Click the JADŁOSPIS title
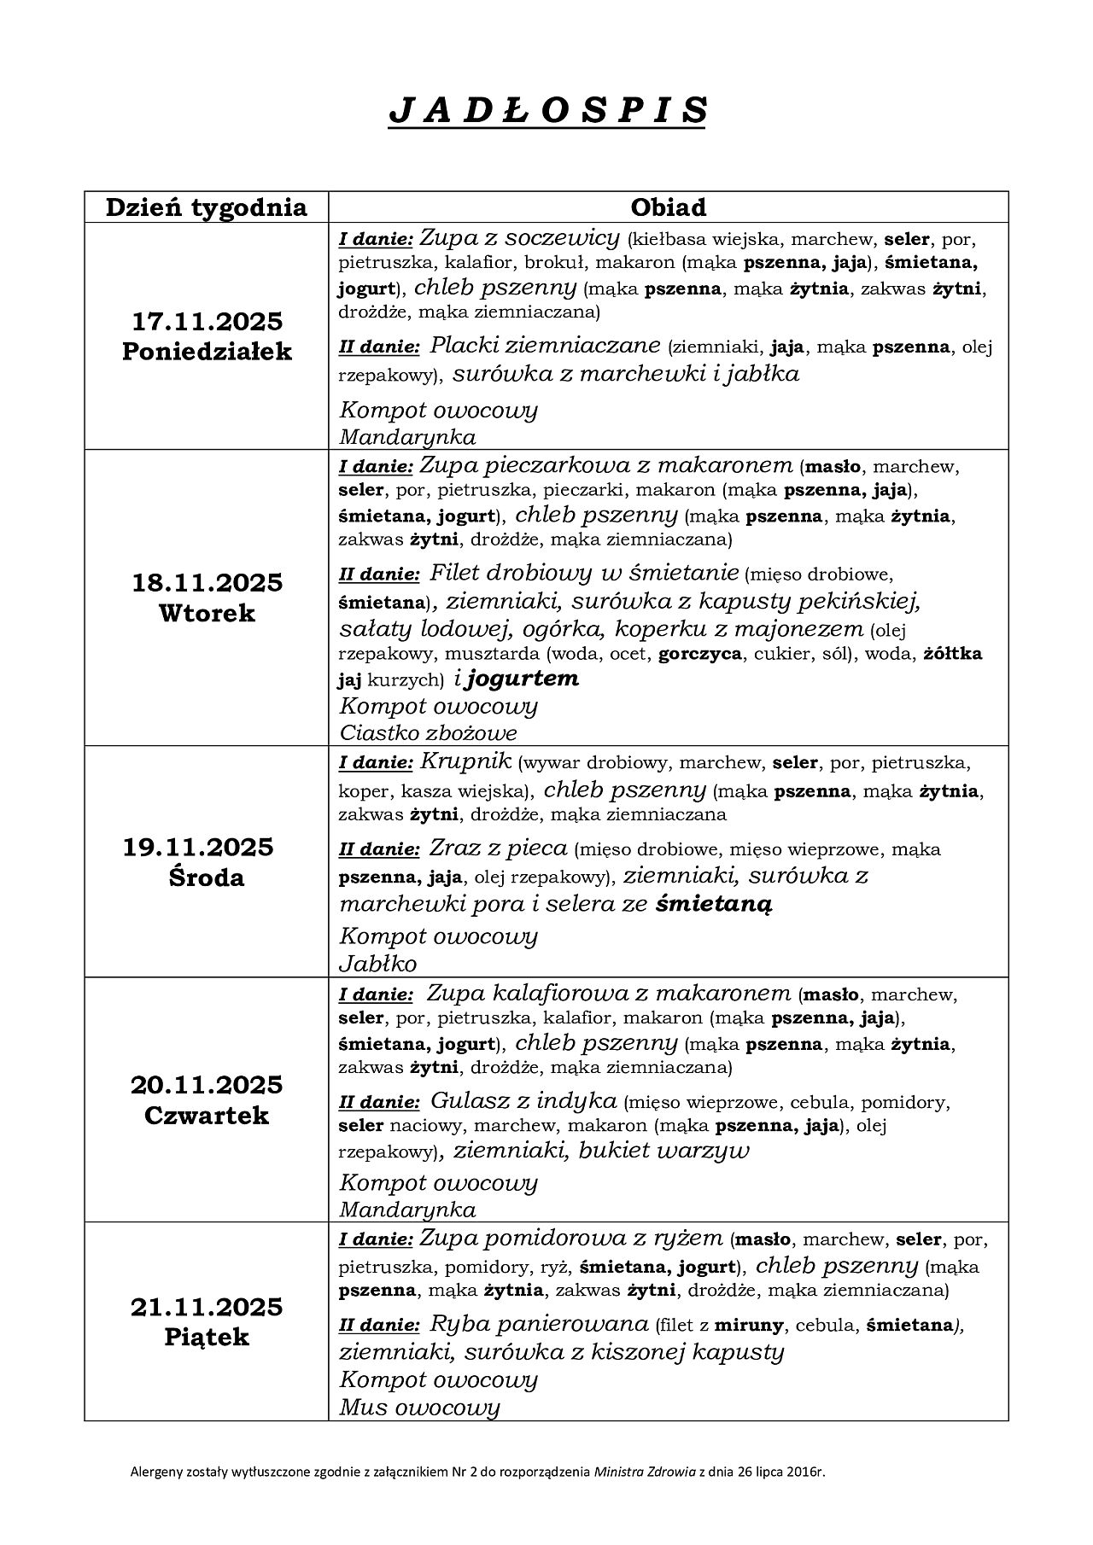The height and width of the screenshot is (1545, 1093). click(x=547, y=111)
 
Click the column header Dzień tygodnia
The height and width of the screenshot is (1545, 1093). click(x=206, y=207)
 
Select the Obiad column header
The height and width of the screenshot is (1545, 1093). click(x=668, y=207)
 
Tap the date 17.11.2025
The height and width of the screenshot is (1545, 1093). click(x=207, y=322)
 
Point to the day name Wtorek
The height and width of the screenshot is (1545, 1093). click(x=207, y=613)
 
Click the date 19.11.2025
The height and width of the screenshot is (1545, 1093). click(x=198, y=847)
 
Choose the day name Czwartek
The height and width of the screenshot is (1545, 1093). click(x=207, y=1115)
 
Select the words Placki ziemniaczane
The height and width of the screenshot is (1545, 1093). click(x=545, y=346)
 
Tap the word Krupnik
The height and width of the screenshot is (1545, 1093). click(x=465, y=761)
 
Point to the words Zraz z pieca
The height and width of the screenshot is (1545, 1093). click(x=499, y=848)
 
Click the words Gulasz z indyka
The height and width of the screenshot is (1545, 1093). click(x=523, y=1100)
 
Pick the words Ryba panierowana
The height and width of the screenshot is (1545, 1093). click(x=539, y=1324)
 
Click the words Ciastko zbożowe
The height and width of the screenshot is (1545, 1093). click(x=428, y=732)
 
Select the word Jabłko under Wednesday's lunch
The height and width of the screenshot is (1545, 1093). click(x=378, y=964)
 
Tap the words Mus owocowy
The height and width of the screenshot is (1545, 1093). click(x=419, y=1408)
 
